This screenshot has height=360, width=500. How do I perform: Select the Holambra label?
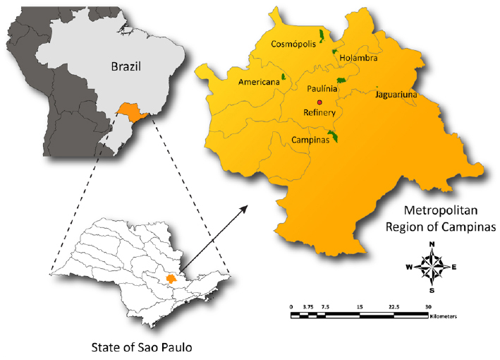pos(358,59)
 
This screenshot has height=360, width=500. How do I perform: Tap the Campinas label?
pos(310,140)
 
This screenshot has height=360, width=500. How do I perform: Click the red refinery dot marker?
pos(320,102)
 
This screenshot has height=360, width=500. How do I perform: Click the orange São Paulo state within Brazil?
pos(130,111)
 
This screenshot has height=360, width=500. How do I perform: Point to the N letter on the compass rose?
pos(432,244)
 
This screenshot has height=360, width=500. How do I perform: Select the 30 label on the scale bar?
pos(429,306)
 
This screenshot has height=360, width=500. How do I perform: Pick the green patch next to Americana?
pos(283,76)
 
